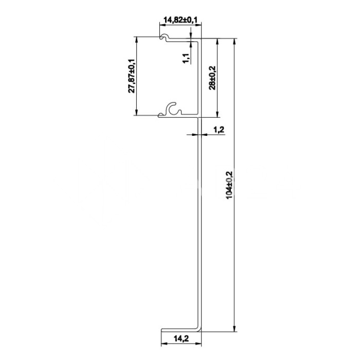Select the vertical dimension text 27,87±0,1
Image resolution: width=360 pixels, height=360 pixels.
tap(132, 76)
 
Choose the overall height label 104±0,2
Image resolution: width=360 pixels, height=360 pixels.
tap(230, 185)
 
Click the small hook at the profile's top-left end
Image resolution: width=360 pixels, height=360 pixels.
tap(164, 38)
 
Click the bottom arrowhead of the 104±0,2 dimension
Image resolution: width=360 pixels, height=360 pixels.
tap(235, 329)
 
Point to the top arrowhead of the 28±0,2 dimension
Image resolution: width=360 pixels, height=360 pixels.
tap(218, 40)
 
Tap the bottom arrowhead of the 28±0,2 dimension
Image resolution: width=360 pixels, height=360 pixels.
tap(218, 114)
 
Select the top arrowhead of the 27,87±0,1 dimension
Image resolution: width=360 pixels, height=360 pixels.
tap(136, 39)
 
